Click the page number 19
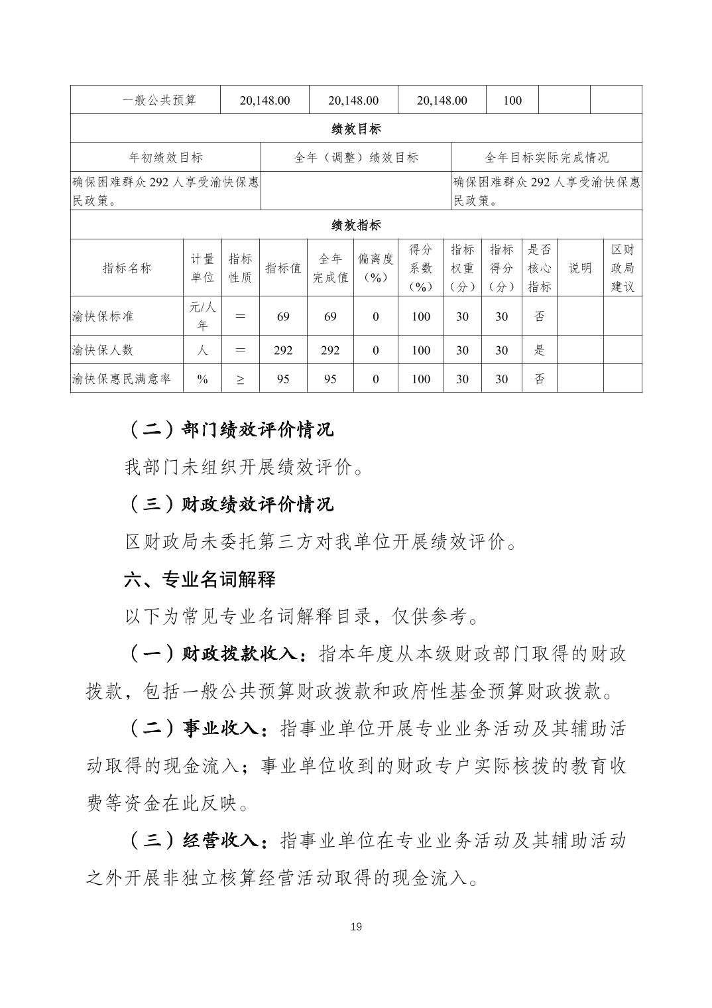356,926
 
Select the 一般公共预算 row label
159,100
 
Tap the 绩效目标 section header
356,129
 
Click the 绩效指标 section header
356,225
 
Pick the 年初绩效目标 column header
166,157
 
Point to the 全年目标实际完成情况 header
546,157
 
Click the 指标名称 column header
127,268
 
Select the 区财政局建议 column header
623,268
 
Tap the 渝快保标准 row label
103,316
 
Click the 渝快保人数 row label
103,350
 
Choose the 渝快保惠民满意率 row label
121,379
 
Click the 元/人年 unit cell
202,316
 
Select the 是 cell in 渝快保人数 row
540,350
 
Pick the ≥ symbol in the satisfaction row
240,379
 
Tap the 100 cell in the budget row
512,101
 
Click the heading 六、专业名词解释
200,580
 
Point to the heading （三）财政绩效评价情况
229,504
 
